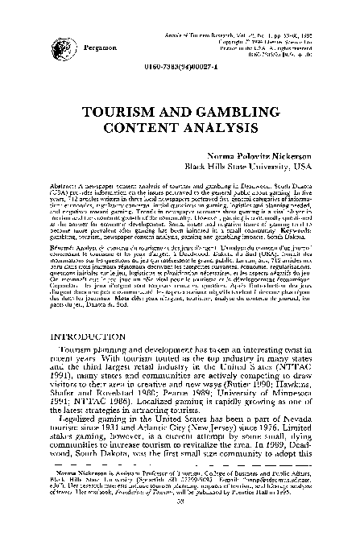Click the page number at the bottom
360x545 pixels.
tap(180, 523)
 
